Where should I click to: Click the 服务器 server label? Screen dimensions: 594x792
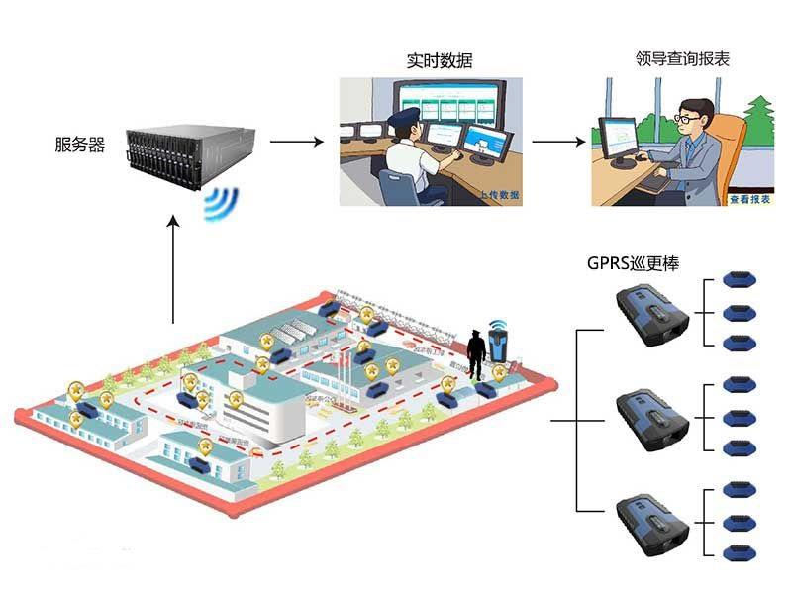click(x=80, y=145)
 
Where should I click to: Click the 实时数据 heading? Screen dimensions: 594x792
click(x=440, y=60)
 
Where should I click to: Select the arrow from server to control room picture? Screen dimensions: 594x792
click(x=297, y=142)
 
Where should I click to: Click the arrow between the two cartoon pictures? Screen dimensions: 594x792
click(x=558, y=142)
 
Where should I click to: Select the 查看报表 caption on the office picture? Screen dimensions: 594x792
click(x=749, y=198)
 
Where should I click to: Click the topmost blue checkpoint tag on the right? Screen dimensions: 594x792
click(x=737, y=279)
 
